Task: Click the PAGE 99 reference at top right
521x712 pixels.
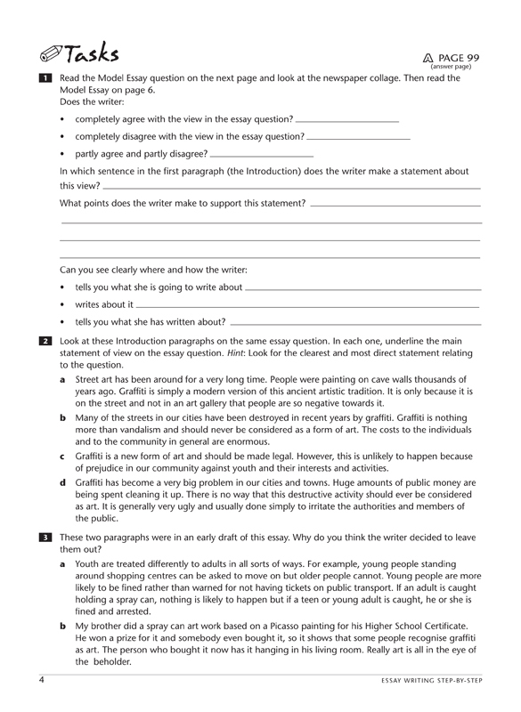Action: (454, 57)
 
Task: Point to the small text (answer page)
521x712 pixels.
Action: (451, 67)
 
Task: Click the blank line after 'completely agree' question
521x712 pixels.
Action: (346, 119)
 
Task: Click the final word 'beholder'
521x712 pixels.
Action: (118, 662)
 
